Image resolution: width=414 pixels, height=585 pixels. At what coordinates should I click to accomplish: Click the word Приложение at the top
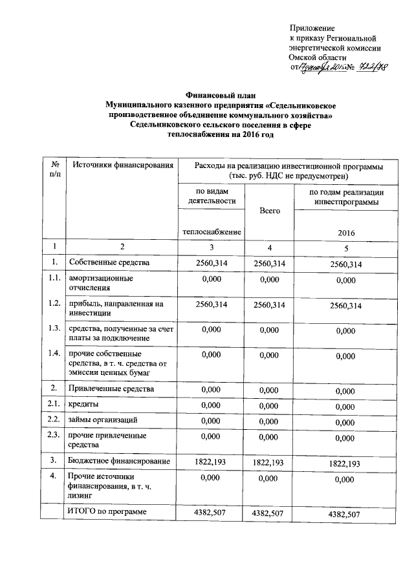tap(312, 28)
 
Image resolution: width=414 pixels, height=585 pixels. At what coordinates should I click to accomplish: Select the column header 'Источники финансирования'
tap(123, 166)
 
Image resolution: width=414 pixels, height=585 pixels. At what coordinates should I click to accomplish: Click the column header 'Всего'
tap(269, 211)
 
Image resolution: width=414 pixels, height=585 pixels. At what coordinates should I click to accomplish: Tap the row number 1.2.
tap(55, 303)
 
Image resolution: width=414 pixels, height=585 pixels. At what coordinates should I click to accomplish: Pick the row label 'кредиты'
tap(84, 405)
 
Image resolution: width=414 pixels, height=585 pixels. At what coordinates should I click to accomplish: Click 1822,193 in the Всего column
tap(269, 463)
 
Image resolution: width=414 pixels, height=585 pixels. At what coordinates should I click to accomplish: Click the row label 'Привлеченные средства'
tap(111, 389)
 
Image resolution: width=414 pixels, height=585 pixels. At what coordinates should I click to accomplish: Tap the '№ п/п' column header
tap(55, 171)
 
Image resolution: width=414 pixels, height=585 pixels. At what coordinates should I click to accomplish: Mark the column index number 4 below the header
tap(269, 246)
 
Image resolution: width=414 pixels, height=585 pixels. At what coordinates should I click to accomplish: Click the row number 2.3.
tap(55, 435)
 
